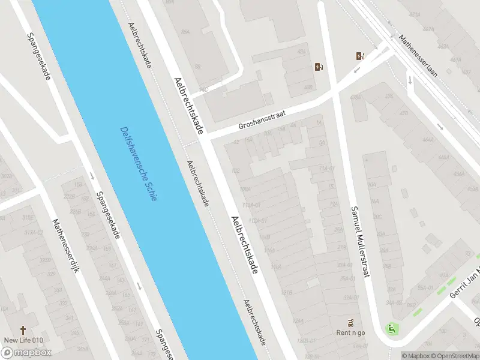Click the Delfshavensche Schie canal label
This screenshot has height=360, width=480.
[139, 163]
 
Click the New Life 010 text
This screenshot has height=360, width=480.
[23, 341]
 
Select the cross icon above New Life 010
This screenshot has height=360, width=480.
[23, 329]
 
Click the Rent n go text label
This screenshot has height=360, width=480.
[350, 333]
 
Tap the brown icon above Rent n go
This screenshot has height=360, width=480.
[351, 322]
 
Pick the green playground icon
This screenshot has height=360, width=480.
[392, 328]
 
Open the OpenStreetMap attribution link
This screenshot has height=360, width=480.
[457, 355]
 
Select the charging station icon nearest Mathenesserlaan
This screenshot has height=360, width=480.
[360, 56]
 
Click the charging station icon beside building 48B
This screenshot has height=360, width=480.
[318, 67]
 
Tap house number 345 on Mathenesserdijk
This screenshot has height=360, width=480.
[74, 332]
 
